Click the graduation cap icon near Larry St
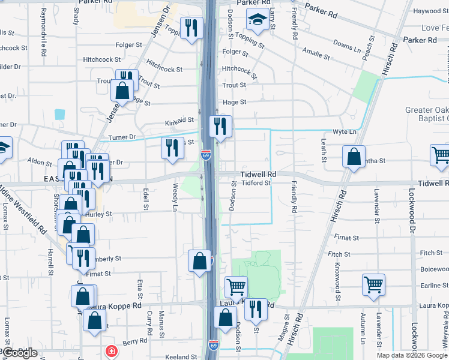258,21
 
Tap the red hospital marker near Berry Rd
111,351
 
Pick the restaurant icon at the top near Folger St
191,27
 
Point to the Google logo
19,353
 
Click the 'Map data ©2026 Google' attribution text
412,355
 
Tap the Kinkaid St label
179,122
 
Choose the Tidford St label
256,183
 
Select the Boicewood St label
435,268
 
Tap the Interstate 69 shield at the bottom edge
213,345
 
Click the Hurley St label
98,214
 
